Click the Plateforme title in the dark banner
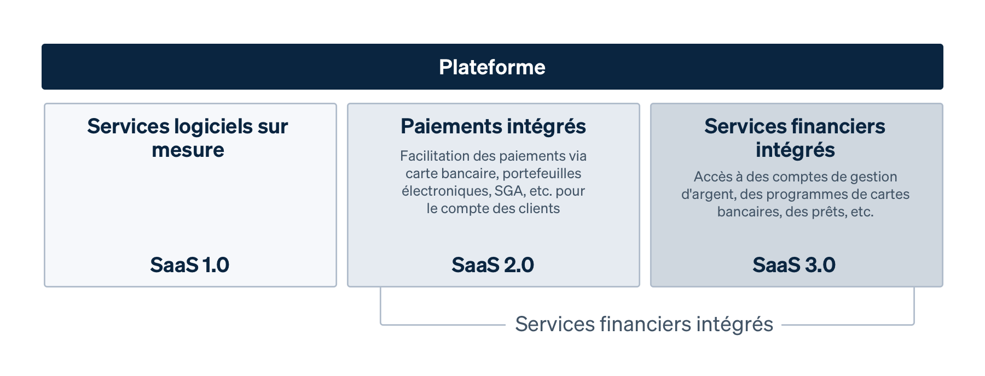click(x=492, y=67)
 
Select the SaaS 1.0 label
click(x=189, y=265)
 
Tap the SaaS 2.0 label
click(x=493, y=265)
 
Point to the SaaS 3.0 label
click(x=794, y=265)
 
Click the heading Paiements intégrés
click(x=493, y=126)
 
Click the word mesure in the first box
click(x=188, y=150)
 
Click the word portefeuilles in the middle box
click(x=542, y=173)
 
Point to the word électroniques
click(x=445, y=191)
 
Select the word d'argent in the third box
click(x=708, y=194)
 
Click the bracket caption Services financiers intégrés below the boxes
click(x=644, y=324)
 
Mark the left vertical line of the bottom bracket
click(x=381, y=306)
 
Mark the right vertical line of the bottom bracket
click(x=914, y=306)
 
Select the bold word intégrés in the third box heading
click(x=795, y=150)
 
